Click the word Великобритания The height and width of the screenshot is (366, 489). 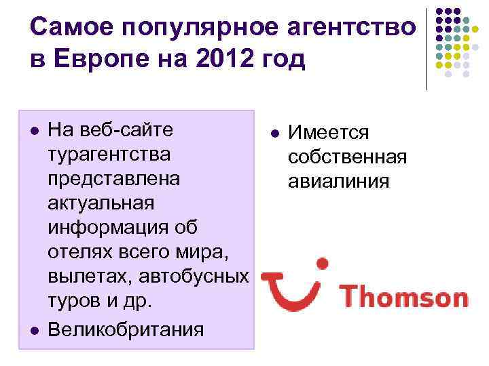click(x=126, y=329)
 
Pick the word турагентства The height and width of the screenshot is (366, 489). click(x=113, y=153)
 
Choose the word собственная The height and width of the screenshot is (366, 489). click(x=347, y=157)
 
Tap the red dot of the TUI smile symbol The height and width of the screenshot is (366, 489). click(x=322, y=262)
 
